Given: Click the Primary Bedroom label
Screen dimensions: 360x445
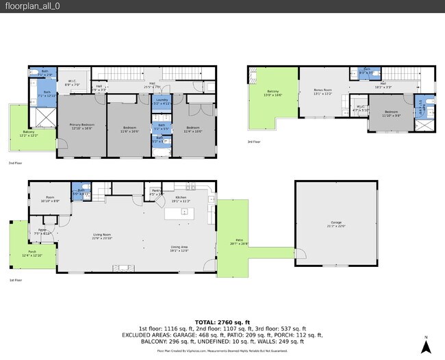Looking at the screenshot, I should pos(81,126).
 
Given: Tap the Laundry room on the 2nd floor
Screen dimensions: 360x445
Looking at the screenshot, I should pos(162,103).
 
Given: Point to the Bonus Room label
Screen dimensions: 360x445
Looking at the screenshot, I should pos(322,91).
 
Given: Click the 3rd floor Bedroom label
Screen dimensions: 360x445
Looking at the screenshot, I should pos(391,113).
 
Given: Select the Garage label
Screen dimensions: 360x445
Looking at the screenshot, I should pos(336,224).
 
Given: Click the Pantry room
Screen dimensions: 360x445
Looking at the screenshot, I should pos(156,192).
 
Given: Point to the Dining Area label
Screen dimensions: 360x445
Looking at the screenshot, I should pos(180,248).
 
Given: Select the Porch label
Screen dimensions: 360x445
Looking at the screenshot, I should pos(32,253).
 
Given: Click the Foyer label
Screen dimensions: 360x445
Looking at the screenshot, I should pos(42,231).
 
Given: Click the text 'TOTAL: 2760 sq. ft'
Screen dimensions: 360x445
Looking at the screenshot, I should pos(222,321).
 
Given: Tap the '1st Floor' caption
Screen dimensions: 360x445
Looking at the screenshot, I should pos(16,281).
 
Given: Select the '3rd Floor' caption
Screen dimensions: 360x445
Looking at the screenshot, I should pos(254,142).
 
